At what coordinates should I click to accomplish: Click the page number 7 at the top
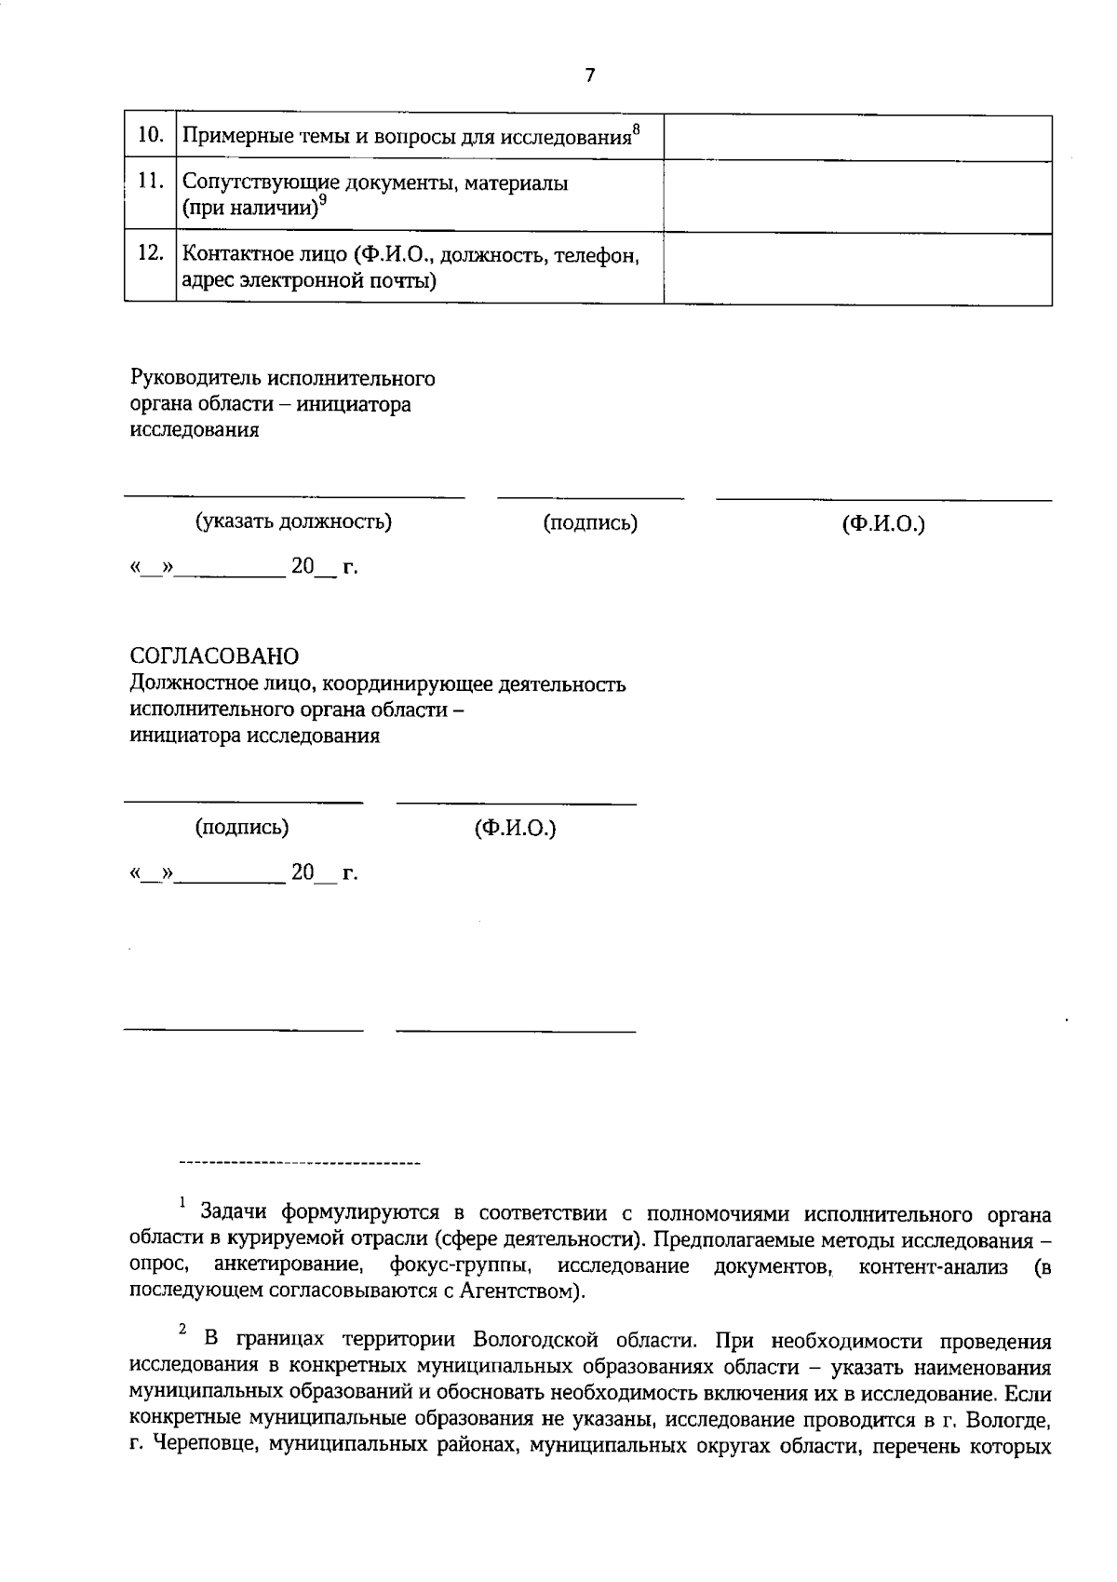pos(589,75)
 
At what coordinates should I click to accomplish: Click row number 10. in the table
pos(151,135)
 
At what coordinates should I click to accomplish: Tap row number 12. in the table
pos(151,253)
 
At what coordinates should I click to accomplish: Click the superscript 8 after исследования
pos(636,128)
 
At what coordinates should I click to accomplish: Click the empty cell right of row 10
pos(857,138)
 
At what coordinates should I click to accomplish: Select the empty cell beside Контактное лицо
pos(857,268)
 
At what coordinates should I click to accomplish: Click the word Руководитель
pos(195,379)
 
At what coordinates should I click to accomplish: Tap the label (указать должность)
pos(293,521)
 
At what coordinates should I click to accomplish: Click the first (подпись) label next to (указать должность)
pos(590,523)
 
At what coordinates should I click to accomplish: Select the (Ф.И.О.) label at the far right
pos(883,524)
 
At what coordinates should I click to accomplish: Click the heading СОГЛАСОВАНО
pos(214,657)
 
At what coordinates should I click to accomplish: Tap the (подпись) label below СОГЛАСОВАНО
pos(242,827)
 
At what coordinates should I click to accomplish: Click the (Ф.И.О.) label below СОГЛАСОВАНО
pos(515,828)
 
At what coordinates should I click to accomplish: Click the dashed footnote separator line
pos(299,1164)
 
